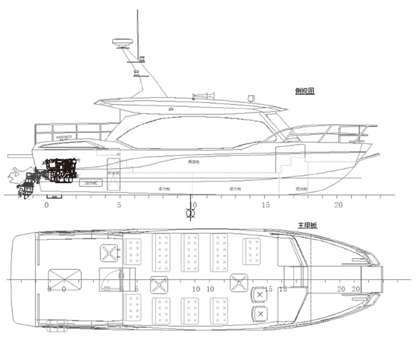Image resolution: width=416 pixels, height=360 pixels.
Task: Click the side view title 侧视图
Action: click(x=305, y=91)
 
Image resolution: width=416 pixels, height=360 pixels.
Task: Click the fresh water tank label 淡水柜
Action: click(x=90, y=183)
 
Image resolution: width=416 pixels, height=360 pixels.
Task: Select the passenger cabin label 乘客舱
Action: click(x=193, y=162)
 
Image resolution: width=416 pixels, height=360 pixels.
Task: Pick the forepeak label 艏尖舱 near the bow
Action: click(x=302, y=188)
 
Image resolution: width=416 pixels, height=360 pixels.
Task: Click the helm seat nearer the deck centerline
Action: click(x=259, y=294)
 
